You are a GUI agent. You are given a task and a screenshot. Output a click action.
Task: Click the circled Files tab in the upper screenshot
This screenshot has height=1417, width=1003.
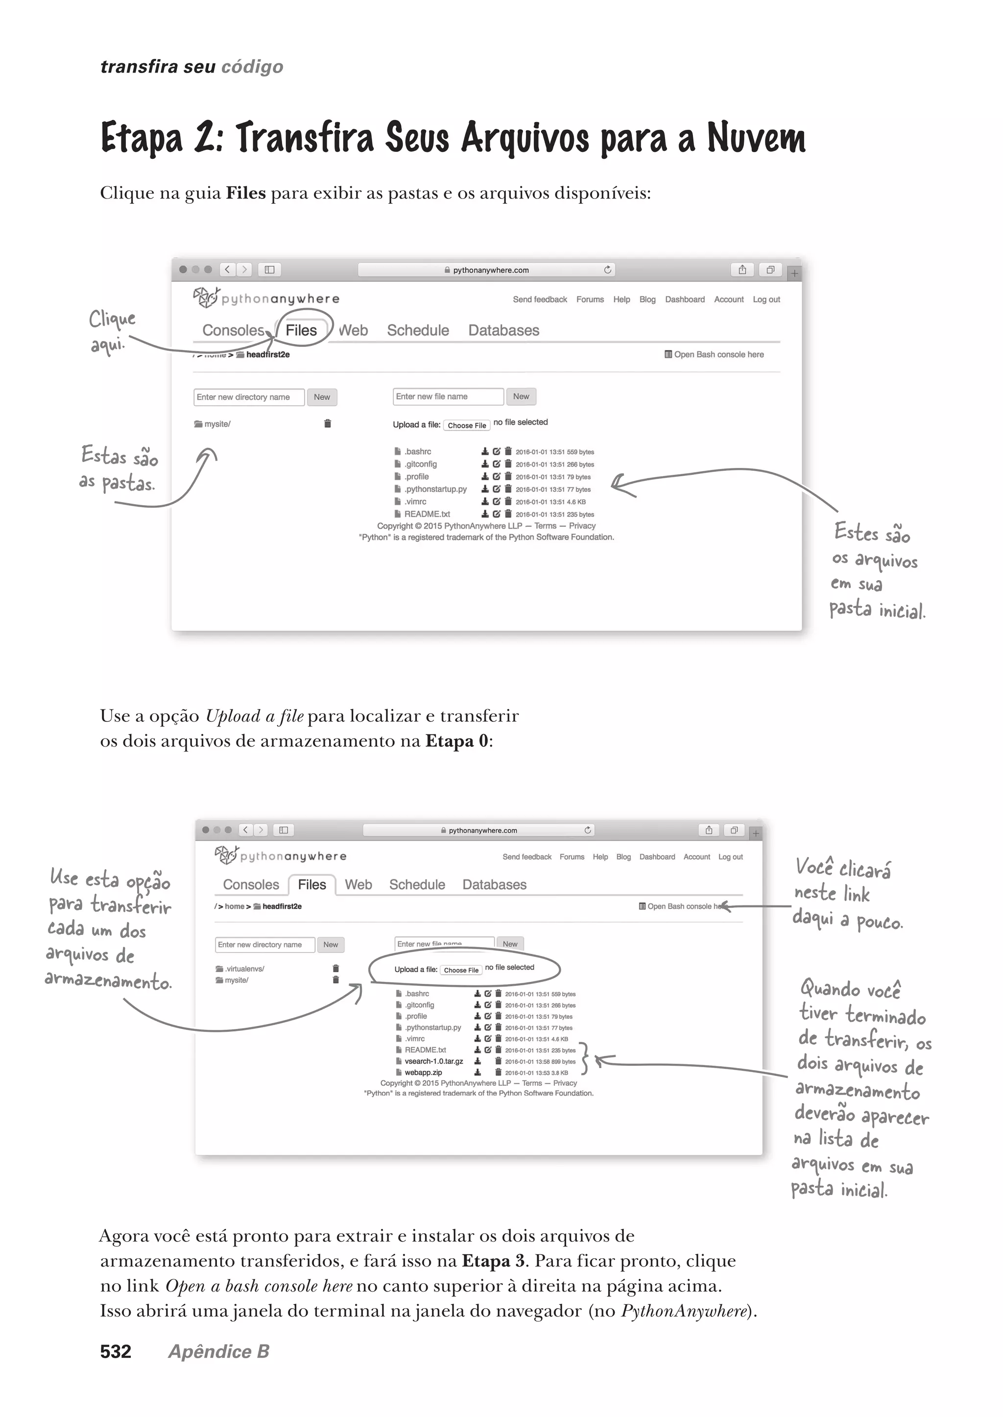coord(301,331)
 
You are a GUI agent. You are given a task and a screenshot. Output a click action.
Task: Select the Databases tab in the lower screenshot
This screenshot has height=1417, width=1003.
coord(494,884)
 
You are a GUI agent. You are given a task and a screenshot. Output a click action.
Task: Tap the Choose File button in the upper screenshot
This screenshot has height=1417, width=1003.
coord(466,425)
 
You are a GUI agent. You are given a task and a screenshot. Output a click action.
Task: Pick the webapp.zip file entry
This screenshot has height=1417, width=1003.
coord(423,1072)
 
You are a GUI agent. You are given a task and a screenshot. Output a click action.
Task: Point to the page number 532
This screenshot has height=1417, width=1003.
coord(116,1351)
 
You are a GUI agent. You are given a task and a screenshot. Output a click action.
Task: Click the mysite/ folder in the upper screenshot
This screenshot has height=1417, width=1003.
coord(217,424)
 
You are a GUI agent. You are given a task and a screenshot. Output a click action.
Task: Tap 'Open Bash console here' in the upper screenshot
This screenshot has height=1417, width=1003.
coord(718,355)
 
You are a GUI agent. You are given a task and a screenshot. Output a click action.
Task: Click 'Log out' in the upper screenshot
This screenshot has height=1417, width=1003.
coord(766,300)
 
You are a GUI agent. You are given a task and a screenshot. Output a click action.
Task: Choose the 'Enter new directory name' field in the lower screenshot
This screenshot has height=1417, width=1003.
coord(265,945)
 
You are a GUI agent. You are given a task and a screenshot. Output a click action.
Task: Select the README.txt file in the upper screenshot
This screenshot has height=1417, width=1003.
coord(427,514)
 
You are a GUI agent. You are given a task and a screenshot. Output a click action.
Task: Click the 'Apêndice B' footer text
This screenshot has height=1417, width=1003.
coord(218,1351)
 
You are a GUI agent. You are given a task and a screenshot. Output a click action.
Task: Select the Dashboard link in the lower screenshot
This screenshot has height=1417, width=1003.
coord(657,857)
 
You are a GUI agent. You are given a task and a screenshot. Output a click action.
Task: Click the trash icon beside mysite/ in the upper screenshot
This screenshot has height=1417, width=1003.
coord(327,424)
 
